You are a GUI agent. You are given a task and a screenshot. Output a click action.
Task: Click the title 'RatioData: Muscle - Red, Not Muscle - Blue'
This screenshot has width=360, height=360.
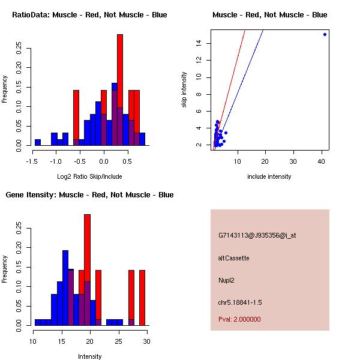89,14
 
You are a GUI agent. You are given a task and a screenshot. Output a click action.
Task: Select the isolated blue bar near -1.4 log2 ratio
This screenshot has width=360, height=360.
38,142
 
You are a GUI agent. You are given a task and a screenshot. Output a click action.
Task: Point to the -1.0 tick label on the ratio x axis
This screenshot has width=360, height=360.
56,161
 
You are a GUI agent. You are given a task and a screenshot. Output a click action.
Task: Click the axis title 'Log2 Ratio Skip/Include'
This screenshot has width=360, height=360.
89,176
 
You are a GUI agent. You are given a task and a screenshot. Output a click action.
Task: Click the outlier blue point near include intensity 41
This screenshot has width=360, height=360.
325,34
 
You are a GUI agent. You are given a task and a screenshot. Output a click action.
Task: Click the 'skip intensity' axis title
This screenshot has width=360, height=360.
184,90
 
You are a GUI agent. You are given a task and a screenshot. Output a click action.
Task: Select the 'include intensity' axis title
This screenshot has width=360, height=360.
269,176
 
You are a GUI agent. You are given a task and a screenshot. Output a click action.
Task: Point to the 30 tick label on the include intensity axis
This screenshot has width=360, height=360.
293,161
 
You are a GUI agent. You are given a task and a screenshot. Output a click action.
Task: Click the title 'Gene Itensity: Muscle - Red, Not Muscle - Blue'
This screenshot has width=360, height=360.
89,195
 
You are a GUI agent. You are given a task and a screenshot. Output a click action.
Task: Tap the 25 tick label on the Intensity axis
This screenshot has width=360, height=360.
118,341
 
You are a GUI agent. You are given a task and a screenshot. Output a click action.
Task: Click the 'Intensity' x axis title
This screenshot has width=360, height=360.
89,356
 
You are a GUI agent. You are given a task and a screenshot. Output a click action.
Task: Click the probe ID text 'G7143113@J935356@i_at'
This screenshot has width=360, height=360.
257,235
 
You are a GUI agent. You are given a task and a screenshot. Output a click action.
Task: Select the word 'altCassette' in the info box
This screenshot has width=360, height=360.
233,258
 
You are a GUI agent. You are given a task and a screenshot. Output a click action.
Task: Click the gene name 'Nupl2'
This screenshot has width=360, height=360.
226,280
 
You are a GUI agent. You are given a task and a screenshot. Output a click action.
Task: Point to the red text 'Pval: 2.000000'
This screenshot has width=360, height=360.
239,319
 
